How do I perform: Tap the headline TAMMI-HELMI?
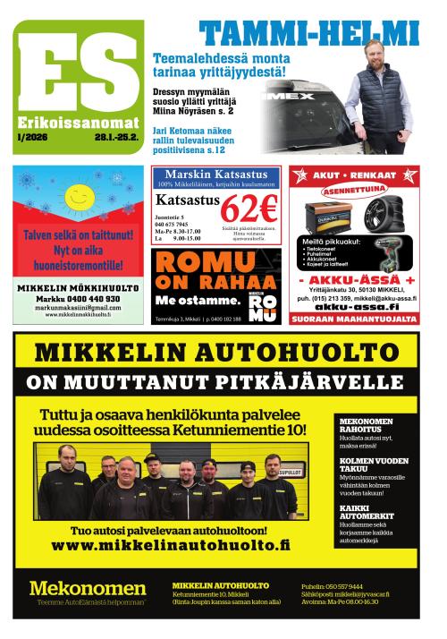(308, 34)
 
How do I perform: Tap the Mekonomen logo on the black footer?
(87, 588)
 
